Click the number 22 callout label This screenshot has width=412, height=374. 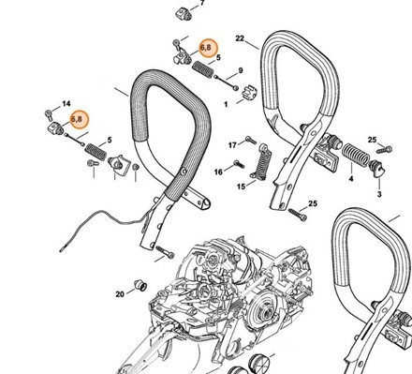tap(240, 38)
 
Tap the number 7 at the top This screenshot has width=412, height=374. tap(202, 3)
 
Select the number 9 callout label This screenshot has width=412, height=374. tap(241, 70)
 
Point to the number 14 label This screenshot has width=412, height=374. tap(66, 103)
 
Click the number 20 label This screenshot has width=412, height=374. tap(120, 294)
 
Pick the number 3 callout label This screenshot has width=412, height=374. tap(379, 194)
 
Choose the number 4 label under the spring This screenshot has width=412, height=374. tap(351, 179)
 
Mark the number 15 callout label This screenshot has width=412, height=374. tap(242, 187)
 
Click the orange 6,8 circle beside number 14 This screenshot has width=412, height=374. tap(80, 120)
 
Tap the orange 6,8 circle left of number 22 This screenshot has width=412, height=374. tap(208, 48)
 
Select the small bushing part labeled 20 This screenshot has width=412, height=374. tap(140, 285)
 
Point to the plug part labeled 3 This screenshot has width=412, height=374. tap(377, 169)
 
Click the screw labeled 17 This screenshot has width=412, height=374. tap(251, 140)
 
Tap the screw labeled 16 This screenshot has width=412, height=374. tap(239, 164)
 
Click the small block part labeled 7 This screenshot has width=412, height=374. tap(183, 14)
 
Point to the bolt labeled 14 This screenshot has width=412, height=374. tap(49, 114)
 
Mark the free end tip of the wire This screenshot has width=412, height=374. tap(61, 250)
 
